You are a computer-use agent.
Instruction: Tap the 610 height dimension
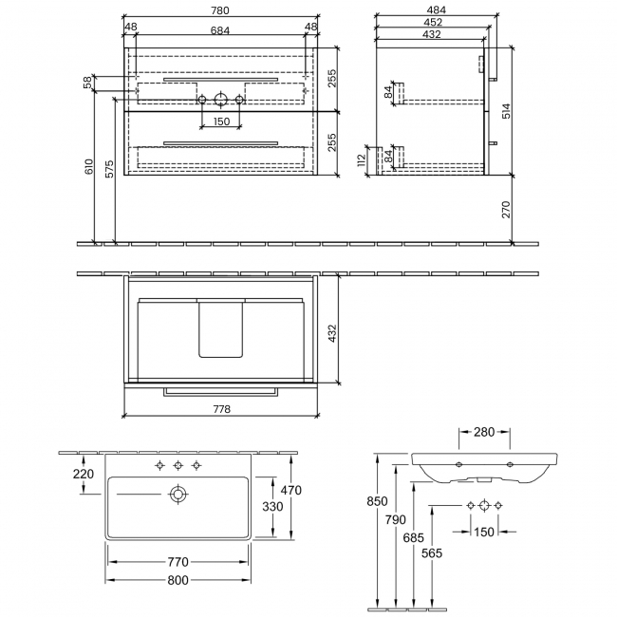click(88, 168)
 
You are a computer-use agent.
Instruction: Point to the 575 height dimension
click(108, 168)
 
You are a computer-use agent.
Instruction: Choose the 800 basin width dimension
click(177, 579)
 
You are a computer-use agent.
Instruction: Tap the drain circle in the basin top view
click(177, 494)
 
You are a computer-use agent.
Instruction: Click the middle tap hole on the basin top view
click(178, 465)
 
